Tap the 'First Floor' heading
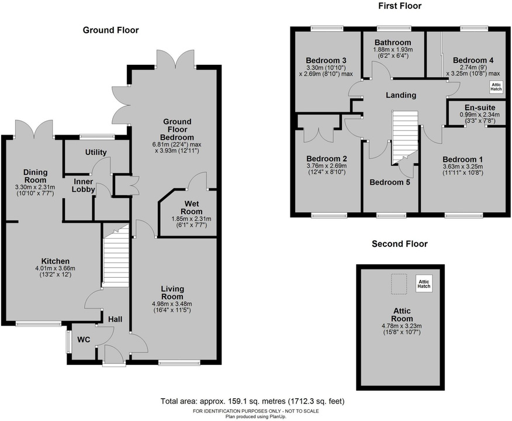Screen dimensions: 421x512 (400, 6)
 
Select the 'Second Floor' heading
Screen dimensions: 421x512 (400, 244)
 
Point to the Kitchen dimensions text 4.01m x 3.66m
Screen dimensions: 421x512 (55, 268)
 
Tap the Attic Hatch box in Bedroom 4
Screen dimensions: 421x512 (496, 87)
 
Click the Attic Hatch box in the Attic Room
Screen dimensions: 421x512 (424, 284)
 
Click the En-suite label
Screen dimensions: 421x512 (479, 108)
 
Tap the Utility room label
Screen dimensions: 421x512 (96, 153)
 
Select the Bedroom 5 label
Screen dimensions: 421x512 (390, 182)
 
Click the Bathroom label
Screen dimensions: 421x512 (393, 43)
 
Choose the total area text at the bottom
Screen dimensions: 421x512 (252, 401)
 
